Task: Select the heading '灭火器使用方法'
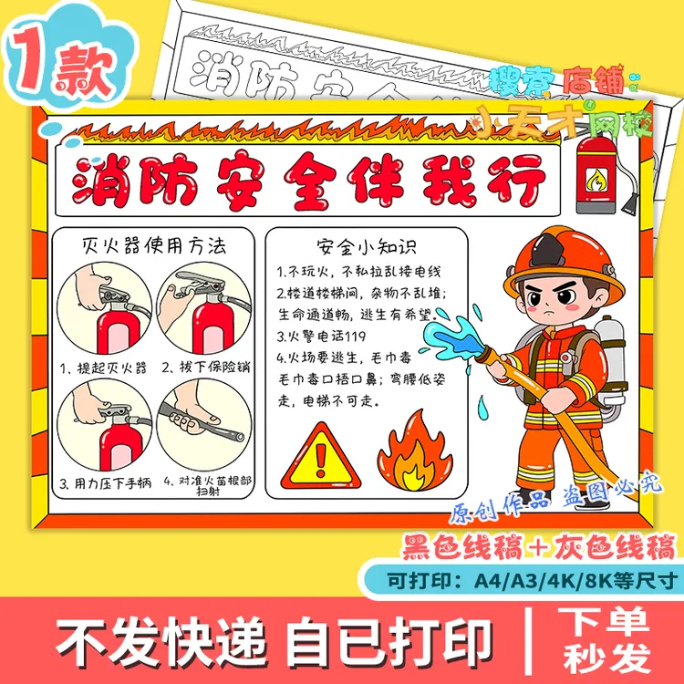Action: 152,244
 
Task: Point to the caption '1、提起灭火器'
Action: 103,368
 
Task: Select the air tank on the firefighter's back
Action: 610,360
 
